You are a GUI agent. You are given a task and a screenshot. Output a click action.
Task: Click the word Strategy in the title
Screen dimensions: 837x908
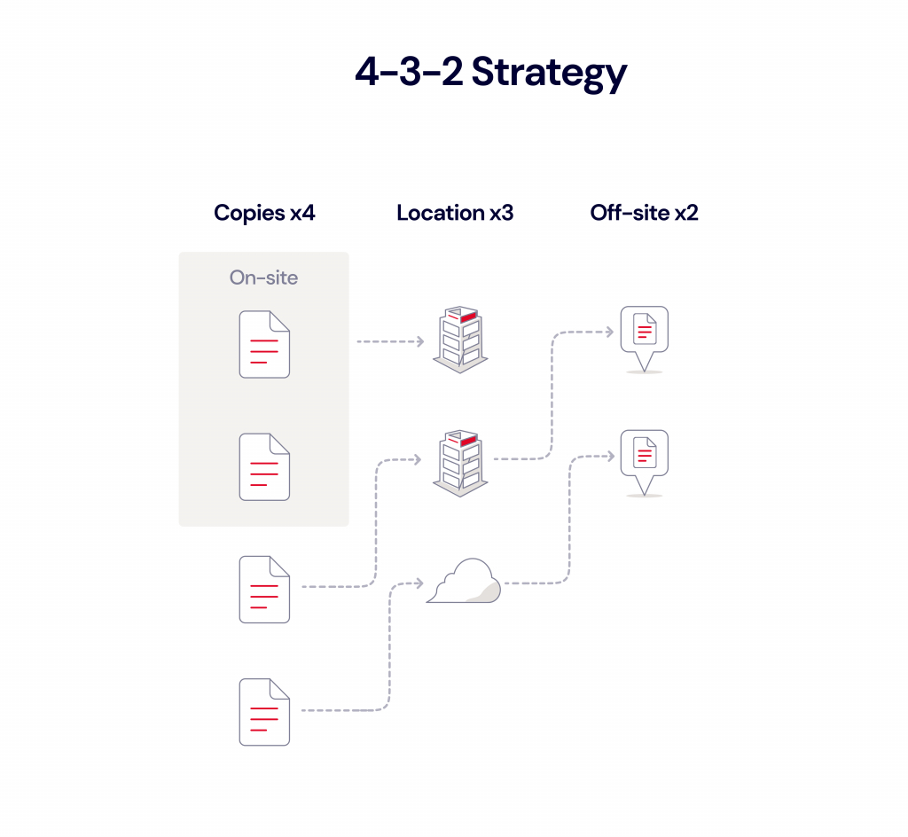point(549,74)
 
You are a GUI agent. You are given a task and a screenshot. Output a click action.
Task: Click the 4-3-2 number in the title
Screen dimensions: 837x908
point(409,72)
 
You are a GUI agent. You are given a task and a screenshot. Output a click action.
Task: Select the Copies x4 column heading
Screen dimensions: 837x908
point(264,213)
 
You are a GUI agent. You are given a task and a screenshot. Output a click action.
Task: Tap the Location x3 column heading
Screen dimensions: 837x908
point(455,213)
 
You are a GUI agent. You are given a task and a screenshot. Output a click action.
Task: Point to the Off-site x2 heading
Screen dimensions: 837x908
point(645,213)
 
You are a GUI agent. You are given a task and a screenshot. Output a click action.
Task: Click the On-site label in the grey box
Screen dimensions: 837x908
point(263,278)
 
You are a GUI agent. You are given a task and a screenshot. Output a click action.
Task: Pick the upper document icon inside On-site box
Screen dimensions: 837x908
point(264,344)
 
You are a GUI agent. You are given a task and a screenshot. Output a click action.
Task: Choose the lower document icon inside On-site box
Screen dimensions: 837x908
point(264,466)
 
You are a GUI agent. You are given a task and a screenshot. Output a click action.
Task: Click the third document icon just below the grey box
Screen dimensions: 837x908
point(264,589)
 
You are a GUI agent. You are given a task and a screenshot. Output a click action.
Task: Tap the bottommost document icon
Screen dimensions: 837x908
point(264,711)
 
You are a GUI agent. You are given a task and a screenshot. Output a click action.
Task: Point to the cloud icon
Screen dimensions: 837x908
point(464,583)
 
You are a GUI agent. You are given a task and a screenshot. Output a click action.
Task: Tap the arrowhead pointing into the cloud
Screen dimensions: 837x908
point(419,583)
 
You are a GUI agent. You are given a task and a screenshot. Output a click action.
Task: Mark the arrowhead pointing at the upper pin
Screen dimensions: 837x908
point(610,332)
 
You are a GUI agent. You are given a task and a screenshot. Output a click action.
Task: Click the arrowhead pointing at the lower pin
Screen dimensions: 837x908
point(610,456)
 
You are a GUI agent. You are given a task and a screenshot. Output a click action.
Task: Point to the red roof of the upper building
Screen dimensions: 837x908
point(467,316)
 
